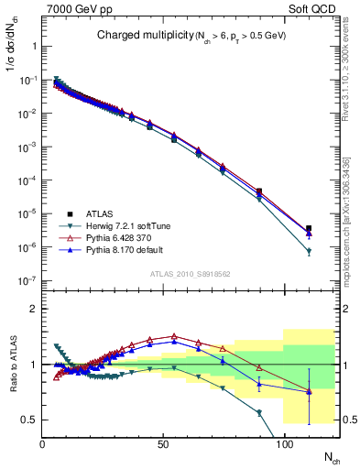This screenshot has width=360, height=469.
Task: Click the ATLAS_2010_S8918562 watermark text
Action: pos(191,274)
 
